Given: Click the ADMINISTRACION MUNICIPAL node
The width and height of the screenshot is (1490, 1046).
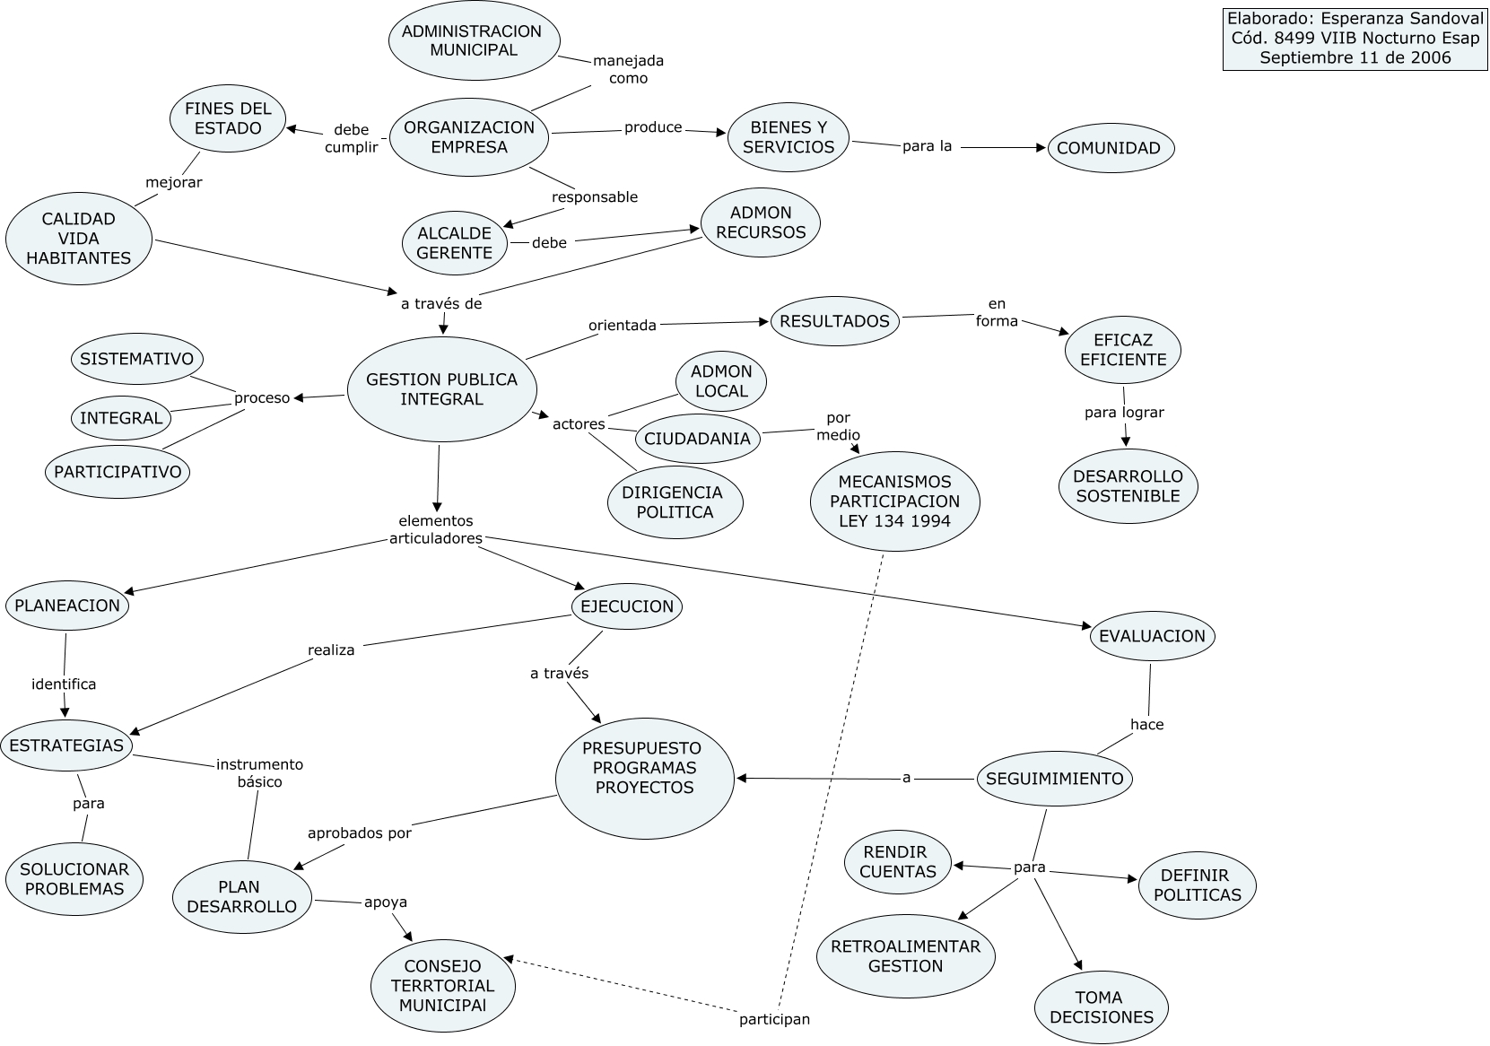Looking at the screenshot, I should point(474,40).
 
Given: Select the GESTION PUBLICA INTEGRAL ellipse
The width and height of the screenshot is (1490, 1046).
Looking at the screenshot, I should point(441,389).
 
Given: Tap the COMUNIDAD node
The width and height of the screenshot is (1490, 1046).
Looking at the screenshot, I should point(1110,148).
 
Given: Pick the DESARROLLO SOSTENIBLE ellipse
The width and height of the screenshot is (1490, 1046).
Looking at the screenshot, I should point(1128,485).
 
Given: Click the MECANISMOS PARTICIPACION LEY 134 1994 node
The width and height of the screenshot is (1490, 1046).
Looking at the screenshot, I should point(894,501).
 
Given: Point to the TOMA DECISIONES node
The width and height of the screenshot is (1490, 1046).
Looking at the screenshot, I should point(1101,1007).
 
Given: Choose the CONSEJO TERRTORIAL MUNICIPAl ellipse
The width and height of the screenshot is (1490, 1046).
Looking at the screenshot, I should point(442,985).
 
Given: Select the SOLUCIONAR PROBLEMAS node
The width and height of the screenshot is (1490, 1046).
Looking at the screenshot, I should point(74,879).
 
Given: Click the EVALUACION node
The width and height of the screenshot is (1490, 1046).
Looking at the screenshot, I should point(1152,636).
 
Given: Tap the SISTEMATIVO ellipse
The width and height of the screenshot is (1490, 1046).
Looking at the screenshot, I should point(136,359).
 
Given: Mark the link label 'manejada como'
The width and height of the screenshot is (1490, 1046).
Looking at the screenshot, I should point(628,69).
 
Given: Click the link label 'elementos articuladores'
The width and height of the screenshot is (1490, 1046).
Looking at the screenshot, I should point(436,529).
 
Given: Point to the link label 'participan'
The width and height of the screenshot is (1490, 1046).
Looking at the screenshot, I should point(774,1019).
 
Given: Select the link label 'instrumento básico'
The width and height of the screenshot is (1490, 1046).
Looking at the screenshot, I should point(259,772).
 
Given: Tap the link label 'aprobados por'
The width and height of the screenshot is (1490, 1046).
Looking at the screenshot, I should point(359,832).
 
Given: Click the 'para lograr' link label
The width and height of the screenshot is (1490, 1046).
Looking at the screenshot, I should point(1124,413).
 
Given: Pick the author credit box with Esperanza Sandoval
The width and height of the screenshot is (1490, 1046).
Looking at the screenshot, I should point(1355,39).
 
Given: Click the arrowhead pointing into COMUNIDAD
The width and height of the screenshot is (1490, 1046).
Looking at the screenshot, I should point(1041,147).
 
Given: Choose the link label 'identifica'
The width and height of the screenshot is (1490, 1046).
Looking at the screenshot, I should point(64,684).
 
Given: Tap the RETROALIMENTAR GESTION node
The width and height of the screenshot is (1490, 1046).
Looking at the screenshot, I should point(905,956).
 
